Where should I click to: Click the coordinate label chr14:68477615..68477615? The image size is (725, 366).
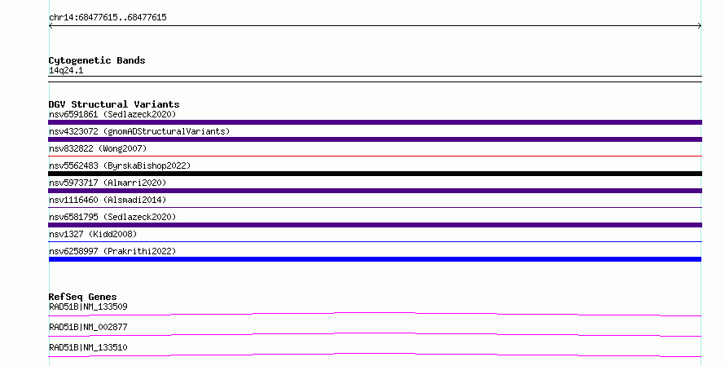108,18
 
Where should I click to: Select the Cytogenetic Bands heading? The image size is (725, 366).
97,60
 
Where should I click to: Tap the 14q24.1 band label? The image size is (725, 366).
66,71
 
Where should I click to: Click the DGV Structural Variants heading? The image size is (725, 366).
114,104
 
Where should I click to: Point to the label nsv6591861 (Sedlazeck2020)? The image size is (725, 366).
112,114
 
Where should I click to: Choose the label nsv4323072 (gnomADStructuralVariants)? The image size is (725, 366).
139,131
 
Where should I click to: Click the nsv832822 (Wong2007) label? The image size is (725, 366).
98,148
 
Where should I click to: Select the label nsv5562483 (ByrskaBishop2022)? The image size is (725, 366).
120,165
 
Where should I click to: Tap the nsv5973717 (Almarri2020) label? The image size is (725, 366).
108,183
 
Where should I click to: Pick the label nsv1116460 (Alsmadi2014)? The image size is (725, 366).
108,200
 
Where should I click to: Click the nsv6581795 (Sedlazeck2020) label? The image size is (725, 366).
112,217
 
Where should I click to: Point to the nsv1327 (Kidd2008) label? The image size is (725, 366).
93,234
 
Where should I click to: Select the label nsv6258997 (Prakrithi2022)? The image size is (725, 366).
112,251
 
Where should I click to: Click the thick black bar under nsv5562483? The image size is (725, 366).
375,174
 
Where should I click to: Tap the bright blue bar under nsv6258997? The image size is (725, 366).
375,259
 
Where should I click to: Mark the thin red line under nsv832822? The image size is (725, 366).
375,157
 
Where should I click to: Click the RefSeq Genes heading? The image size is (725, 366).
82,297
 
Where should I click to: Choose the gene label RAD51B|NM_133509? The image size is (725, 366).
88,306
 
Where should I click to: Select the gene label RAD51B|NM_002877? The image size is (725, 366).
88,327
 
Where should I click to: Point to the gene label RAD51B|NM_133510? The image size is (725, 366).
88,347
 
